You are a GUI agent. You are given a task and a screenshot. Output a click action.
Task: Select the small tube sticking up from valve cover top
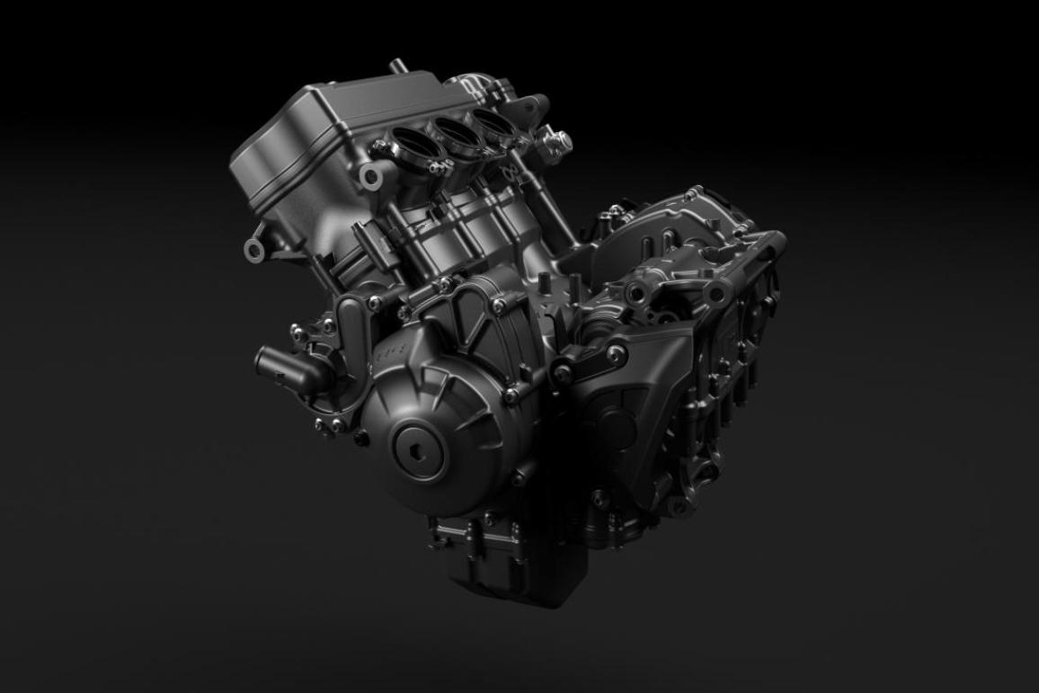(x=395, y=68)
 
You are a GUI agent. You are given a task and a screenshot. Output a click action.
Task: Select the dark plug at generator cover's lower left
(x=361, y=438)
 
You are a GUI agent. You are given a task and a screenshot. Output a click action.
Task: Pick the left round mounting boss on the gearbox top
(x=641, y=289)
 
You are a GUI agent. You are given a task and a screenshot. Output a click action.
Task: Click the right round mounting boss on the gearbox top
(x=716, y=292)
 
